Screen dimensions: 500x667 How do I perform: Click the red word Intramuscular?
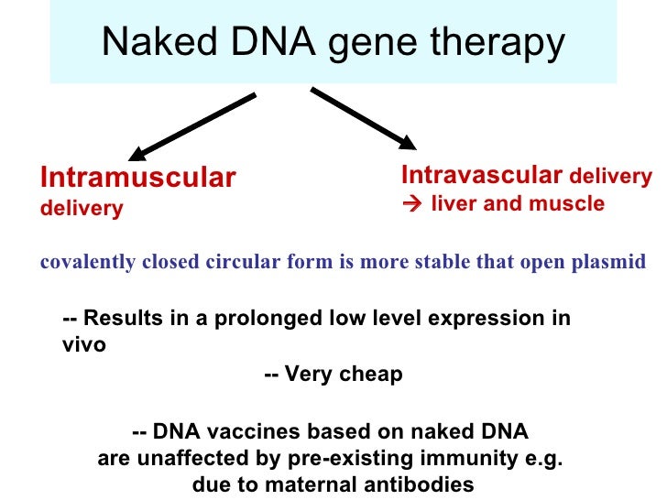tap(138, 178)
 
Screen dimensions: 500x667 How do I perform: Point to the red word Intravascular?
tap(482, 175)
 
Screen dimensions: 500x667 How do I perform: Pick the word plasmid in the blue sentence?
tap(615, 263)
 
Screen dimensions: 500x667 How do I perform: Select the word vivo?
tap(83, 346)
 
